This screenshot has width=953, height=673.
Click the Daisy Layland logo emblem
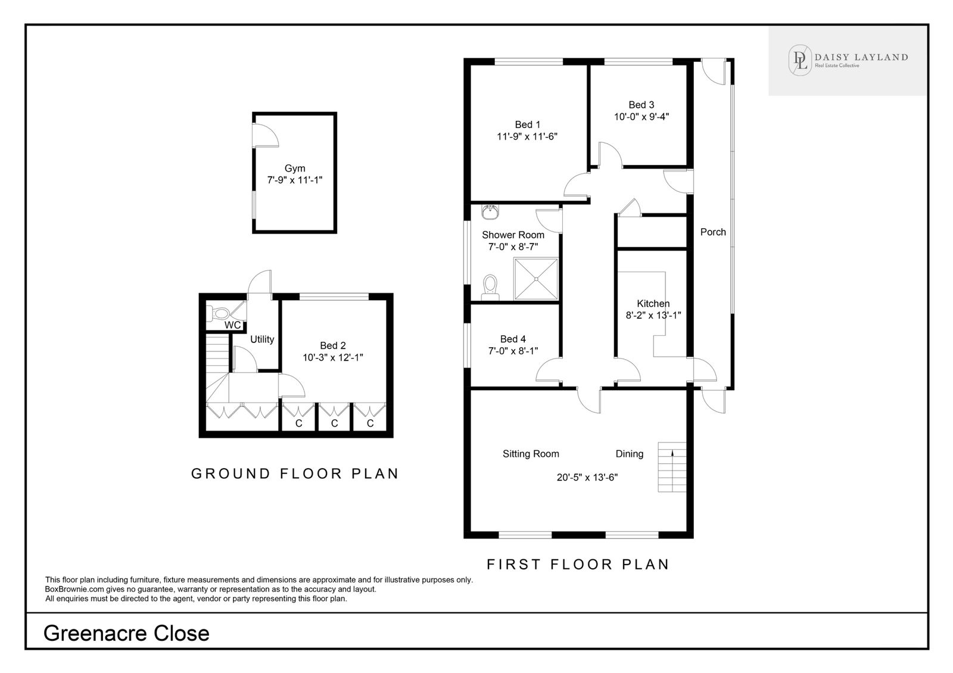click(801, 60)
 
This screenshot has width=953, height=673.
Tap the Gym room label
click(295, 169)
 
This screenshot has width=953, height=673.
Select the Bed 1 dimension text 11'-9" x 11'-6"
click(527, 136)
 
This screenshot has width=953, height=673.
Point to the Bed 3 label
click(641, 105)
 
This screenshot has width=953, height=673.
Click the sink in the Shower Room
click(490, 212)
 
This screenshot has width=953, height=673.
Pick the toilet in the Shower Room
click(490, 287)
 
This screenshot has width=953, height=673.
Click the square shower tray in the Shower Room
click(536, 279)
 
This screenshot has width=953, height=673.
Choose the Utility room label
click(262, 339)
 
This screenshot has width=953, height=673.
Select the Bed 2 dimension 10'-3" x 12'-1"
click(333, 358)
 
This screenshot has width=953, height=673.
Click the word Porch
click(713, 232)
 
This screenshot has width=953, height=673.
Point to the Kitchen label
click(653, 304)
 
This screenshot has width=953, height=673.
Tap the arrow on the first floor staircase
click(672, 453)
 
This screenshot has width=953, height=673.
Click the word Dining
click(629, 454)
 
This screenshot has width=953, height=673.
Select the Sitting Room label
click(531, 454)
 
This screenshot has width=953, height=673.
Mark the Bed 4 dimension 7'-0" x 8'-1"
click(513, 351)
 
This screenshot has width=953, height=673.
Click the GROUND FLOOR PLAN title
click(295, 473)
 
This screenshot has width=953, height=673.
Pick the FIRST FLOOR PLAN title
click(578, 565)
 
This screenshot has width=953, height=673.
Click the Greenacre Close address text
click(126, 634)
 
